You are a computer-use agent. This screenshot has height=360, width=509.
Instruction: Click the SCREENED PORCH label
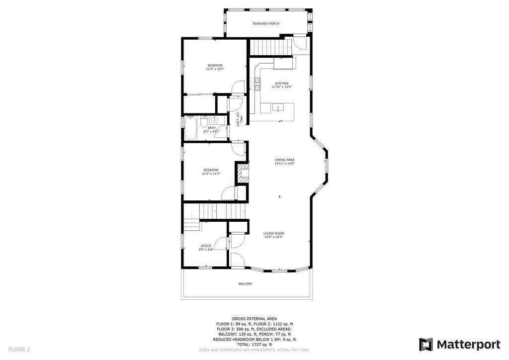(266, 23)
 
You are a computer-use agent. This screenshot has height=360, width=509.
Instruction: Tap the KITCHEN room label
(281, 83)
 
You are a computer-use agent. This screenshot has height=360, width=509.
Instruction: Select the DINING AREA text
(284, 160)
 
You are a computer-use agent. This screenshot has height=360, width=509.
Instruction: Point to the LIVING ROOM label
(273, 233)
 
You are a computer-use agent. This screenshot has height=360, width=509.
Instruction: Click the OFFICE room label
(206, 246)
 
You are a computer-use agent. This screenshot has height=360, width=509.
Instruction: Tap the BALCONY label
(246, 284)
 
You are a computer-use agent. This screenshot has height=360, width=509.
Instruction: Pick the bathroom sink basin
(214, 120)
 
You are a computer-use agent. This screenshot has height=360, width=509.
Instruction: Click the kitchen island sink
(278, 107)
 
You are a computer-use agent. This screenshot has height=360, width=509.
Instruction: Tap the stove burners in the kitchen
(257, 84)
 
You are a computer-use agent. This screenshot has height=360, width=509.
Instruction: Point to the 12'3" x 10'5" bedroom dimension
(215, 69)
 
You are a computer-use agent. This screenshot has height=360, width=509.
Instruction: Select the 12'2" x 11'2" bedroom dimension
(211, 174)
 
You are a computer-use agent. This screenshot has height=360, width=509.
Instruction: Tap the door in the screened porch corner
(300, 43)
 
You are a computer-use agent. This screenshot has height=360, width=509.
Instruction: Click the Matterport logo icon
(426, 345)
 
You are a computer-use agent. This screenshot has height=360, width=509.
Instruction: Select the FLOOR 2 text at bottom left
(19, 350)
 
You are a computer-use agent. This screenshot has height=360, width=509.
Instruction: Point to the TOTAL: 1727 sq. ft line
(254, 345)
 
